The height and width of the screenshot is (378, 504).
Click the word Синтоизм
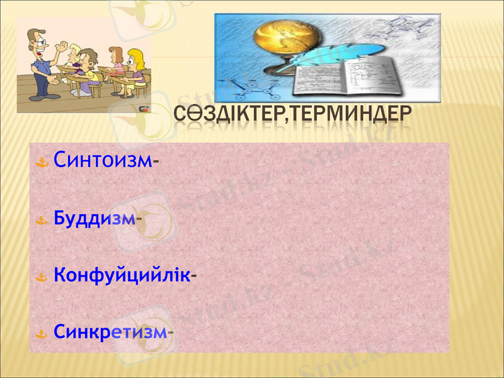point(103,160)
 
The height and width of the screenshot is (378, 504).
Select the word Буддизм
point(94,219)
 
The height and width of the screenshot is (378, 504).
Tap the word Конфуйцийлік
point(121,275)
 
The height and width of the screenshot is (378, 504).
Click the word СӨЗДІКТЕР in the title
point(224,115)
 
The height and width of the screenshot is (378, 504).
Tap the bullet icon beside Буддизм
point(42,221)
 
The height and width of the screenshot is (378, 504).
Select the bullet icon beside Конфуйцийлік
point(42,277)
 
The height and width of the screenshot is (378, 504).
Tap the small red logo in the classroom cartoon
point(143,108)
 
